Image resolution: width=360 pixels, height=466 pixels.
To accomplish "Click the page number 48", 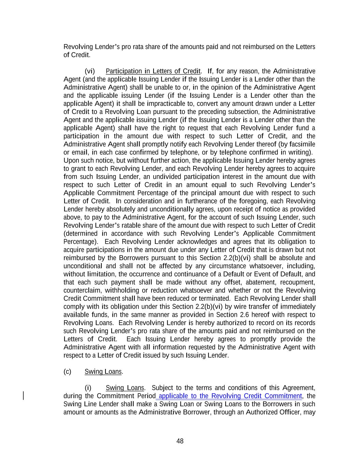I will [180, 441].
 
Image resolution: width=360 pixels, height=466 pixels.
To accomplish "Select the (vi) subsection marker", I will [90, 71].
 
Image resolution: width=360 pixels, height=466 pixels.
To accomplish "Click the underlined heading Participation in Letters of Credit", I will [153, 71].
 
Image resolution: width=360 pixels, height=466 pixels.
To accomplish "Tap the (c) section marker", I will [67, 371].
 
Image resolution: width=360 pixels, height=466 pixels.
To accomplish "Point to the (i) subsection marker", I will [88, 388].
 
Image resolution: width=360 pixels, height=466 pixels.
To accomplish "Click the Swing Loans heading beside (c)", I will [103, 371].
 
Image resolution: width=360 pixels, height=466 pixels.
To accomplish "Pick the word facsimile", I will [302, 144].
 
